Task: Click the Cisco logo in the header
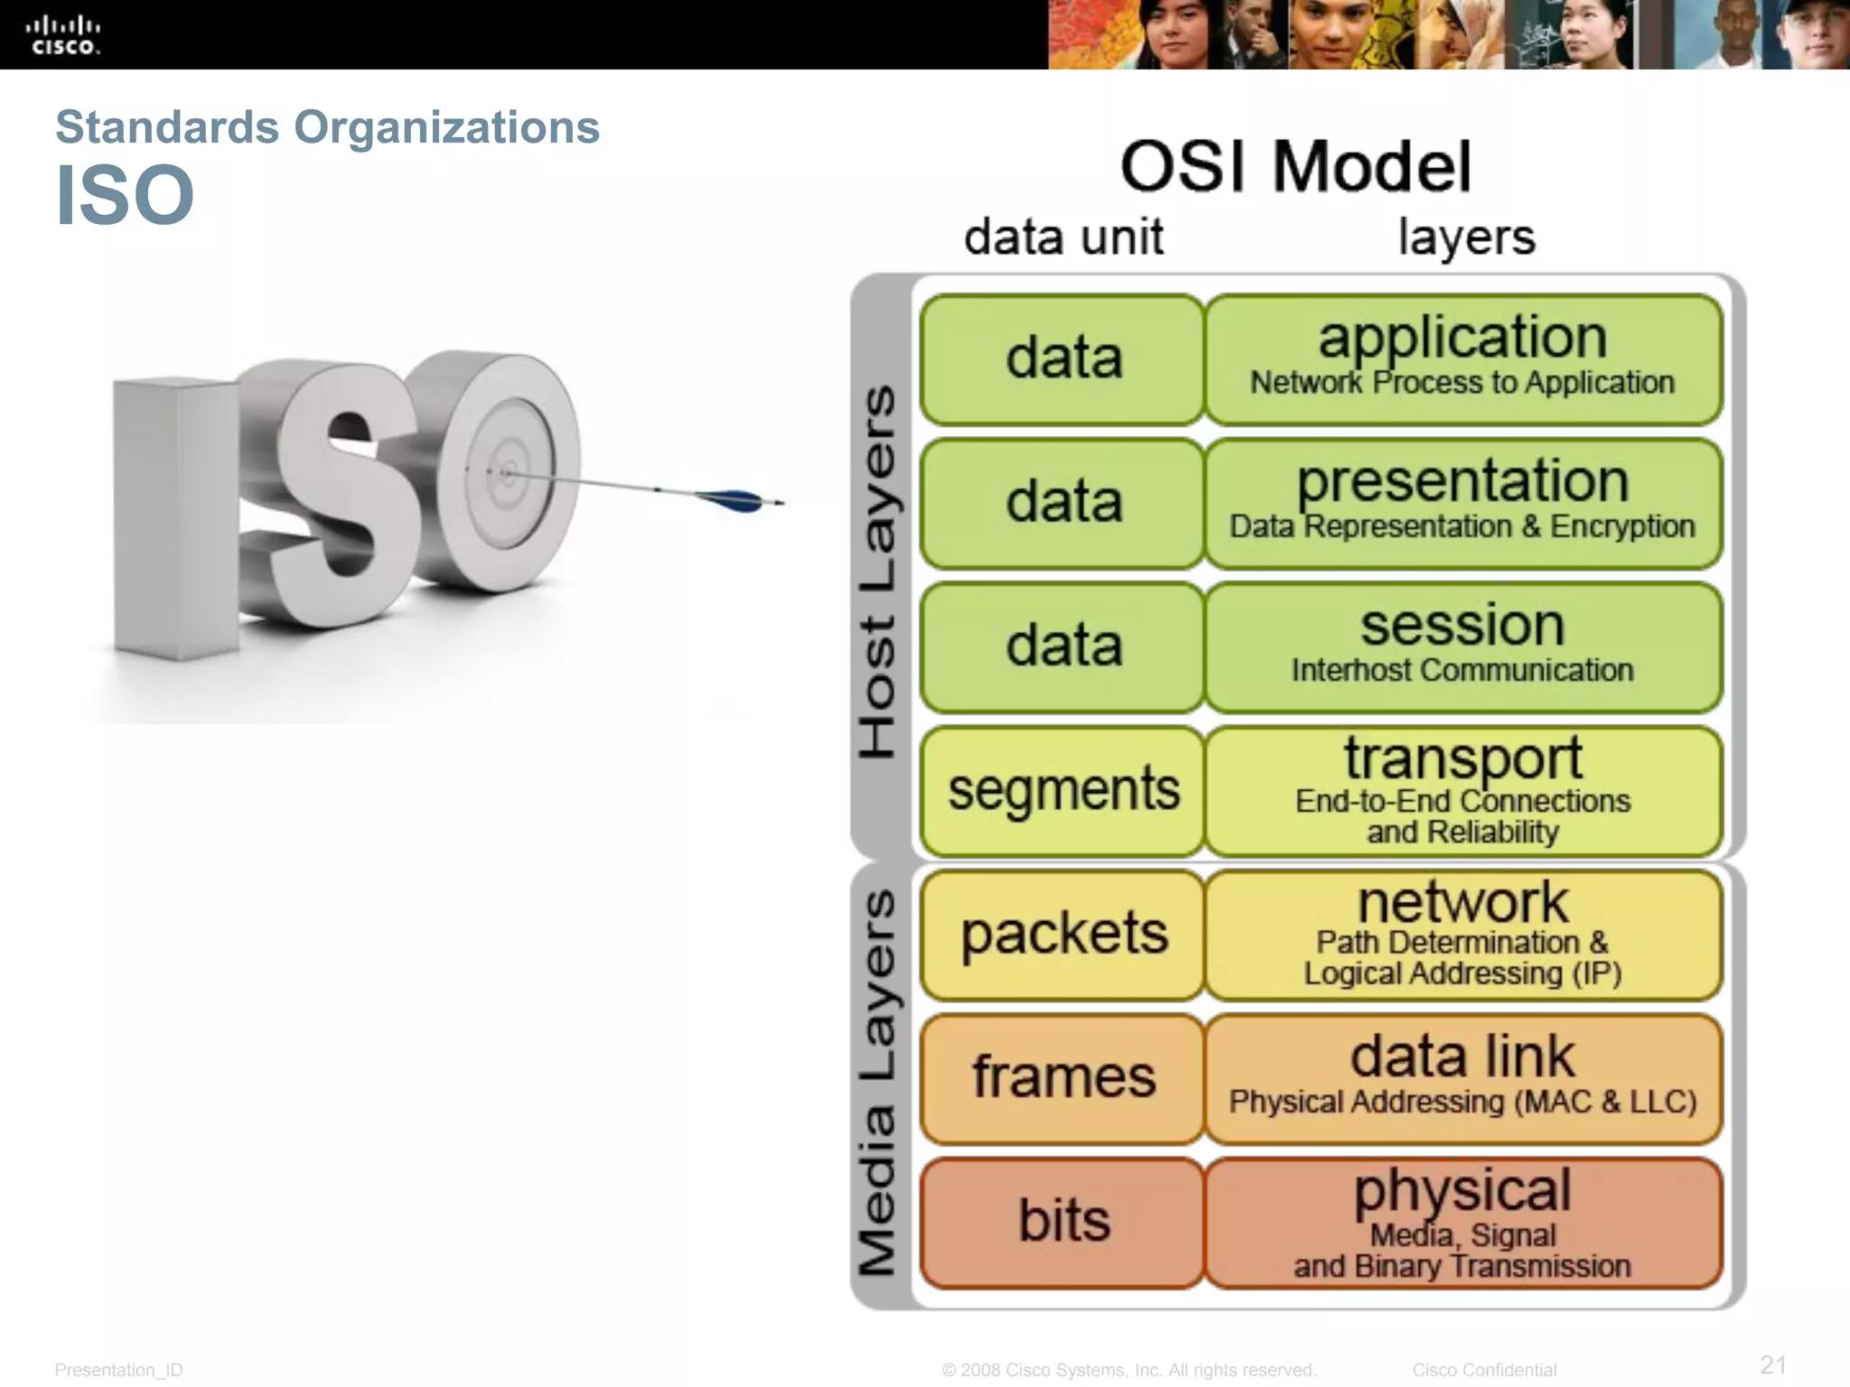click(x=62, y=35)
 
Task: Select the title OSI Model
click(x=1295, y=167)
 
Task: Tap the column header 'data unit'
click(x=1063, y=237)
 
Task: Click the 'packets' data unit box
click(x=1063, y=934)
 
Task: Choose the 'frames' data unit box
click(x=1063, y=1077)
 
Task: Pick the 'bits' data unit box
click(x=1063, y=1221)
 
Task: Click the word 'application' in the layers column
click(x=1462, y=338)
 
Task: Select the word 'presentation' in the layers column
click(x=1462, y=481)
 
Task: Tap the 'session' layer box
click(x=1462, y=647)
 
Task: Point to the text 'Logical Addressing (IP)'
click(x=1462, y=973)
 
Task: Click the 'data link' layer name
click(x=1462, y=1057)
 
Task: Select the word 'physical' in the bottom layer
click(x=1462, y=1190)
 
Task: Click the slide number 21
click(x=1773, y=1364)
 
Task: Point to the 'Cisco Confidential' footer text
click(x=1484, y=1370)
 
